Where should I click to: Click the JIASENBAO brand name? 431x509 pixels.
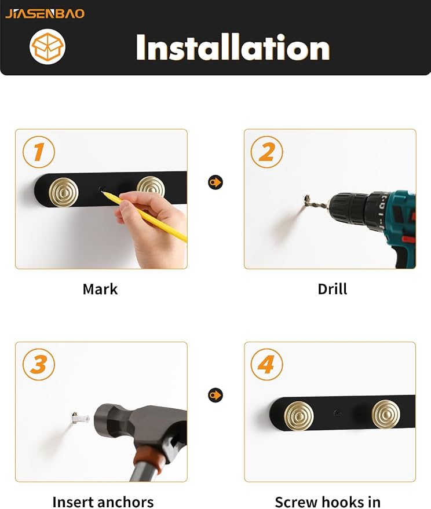point(45,14)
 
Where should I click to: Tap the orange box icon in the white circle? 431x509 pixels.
point(48,46)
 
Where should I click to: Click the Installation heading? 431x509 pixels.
point(232,47)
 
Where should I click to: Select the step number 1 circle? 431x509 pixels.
point(39,152)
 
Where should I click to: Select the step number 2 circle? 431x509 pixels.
point(266,152)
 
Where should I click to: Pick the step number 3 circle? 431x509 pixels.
point(39,364)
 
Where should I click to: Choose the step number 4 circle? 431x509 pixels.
point(266,364)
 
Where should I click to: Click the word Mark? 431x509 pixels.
point(100,289)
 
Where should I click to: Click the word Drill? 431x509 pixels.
point(333,289)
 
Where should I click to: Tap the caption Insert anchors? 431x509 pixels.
point(103,502)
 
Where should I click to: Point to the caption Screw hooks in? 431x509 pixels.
point(328,502)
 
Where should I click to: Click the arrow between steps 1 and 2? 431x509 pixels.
point(216,182)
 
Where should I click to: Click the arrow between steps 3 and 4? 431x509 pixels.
point(216,395)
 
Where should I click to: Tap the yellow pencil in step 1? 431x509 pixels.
point(144,217)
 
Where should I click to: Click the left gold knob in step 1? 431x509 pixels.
point(64,192)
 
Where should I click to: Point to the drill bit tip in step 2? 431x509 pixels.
point(306,197)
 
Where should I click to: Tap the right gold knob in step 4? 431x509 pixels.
point(386,414)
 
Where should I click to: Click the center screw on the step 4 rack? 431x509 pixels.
point(338,413)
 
